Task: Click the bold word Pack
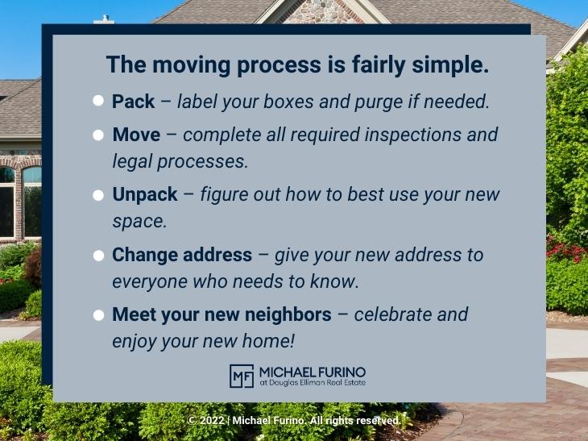(133, 102)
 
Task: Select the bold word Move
(136, 135)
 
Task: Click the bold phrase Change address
(182, 255)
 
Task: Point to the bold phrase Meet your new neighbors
(222, 314)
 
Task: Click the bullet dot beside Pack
(98, 102)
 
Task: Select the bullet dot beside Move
(98, 135)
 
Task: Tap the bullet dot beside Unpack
(98, 195)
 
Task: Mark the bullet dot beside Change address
(98, 256)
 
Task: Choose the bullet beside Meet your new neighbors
(98, 315)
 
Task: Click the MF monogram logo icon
(242, 376)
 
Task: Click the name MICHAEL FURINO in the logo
(312, 371)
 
